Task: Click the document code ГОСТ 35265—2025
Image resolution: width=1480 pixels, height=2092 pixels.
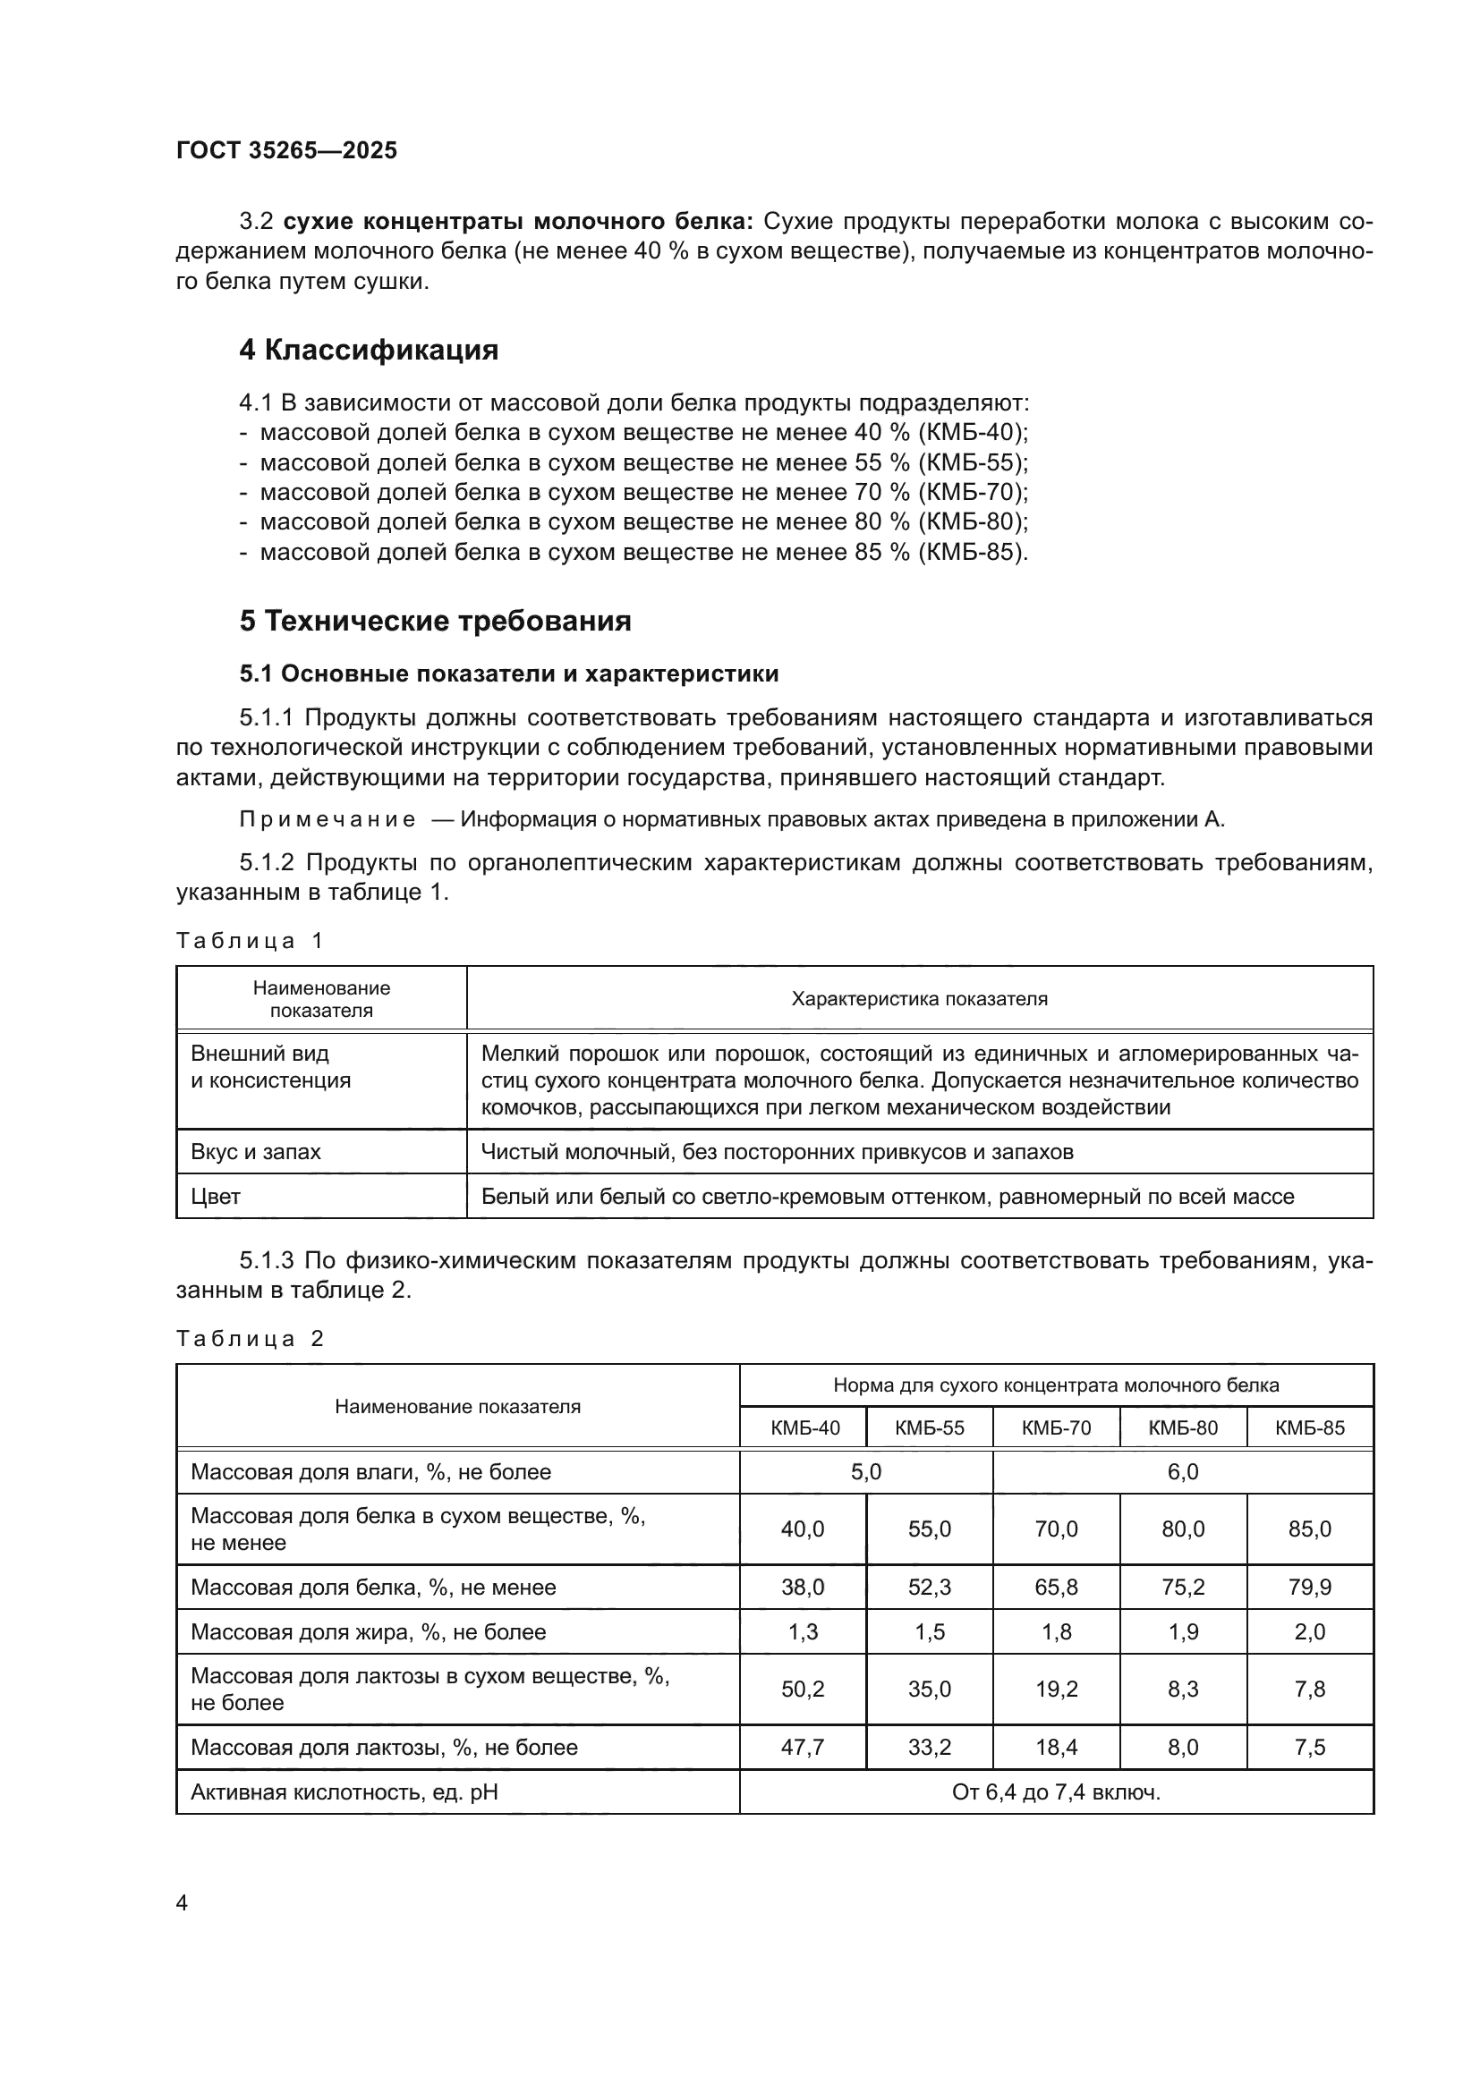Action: click(286, 150)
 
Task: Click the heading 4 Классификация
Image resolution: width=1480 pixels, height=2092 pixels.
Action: click(368, 350)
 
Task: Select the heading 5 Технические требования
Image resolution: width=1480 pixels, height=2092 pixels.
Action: click(435, 621)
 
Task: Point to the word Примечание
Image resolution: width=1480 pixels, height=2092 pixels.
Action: click(327, 819)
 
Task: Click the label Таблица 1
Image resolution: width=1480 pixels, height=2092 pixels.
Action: click(250, 940)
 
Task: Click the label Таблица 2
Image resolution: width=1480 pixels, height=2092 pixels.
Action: click(250, 1339)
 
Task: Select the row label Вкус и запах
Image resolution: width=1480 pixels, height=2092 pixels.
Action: click(255, 1152)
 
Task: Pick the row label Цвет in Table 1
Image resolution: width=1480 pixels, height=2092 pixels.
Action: click(215, 1197)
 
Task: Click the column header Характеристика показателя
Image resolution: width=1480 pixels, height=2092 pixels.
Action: click(919, 999)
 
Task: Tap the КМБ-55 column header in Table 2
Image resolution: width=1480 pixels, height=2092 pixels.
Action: click(929, 1427)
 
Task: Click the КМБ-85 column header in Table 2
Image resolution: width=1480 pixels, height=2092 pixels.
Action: click(1309, 1427)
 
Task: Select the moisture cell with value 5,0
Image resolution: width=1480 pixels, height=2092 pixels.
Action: click(865, 1471)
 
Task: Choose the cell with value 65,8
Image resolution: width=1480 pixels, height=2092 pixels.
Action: click(1055, 1588)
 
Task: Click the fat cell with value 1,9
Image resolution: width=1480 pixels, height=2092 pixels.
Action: click(1182, 1632)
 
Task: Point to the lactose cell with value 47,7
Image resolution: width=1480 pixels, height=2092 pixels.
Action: click(802, 1747)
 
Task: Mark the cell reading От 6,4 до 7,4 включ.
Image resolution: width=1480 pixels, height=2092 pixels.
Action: click(1055, 1792)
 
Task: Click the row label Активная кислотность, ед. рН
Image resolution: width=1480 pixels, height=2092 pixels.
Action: click(344, 1792)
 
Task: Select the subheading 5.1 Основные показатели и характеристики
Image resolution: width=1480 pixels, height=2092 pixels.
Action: click(508, 673)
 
